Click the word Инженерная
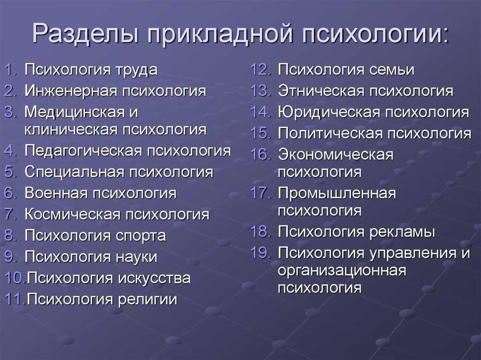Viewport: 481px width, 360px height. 71,91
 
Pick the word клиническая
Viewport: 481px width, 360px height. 70,130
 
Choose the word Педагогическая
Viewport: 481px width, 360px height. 83,151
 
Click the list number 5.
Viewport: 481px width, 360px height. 10,172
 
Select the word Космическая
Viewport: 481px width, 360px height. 72,214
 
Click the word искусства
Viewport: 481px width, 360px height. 154,278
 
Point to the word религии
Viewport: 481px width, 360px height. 147,300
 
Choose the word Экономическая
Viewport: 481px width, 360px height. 335,154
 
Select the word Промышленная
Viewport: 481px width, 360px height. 337,193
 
